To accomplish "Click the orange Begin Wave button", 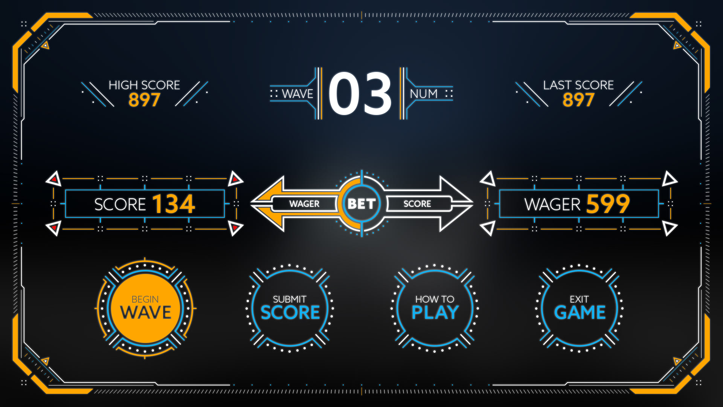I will coord(145,308).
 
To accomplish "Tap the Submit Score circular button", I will coord(290,308).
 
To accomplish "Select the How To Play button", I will coord(435,308).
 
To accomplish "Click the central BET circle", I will coord(361,204).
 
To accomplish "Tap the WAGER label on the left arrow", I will coord(304,204).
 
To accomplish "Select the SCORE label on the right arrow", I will coord(417,204).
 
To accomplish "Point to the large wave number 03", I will coord(360,93).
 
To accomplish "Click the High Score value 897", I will coord(145,100).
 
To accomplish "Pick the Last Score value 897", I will coord(578,100).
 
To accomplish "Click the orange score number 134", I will coord(174,204).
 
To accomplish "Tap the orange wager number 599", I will coord(608,204).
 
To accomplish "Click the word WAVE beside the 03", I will coord(297,94).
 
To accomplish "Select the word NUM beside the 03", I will coord(424,94).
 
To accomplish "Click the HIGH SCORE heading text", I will coord(145,85).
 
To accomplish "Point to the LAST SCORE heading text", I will coord(578,85).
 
